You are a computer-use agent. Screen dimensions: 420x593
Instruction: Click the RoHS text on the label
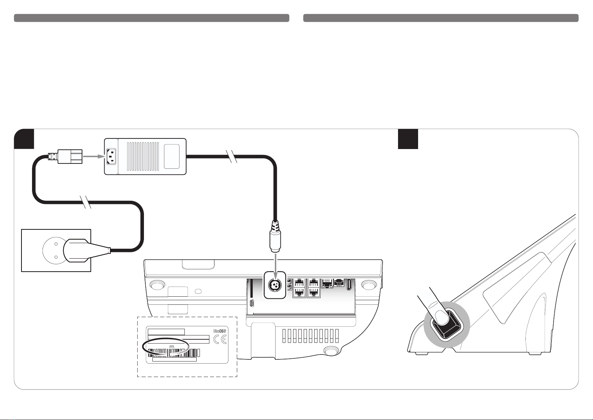[220, 331]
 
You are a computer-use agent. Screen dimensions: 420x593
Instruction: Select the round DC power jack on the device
[274, 285]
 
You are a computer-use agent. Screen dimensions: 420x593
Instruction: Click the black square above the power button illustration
[408, 139]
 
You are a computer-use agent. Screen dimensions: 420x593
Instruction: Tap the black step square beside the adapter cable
[24, 139]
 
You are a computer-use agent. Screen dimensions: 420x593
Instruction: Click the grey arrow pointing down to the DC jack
[275, 262]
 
